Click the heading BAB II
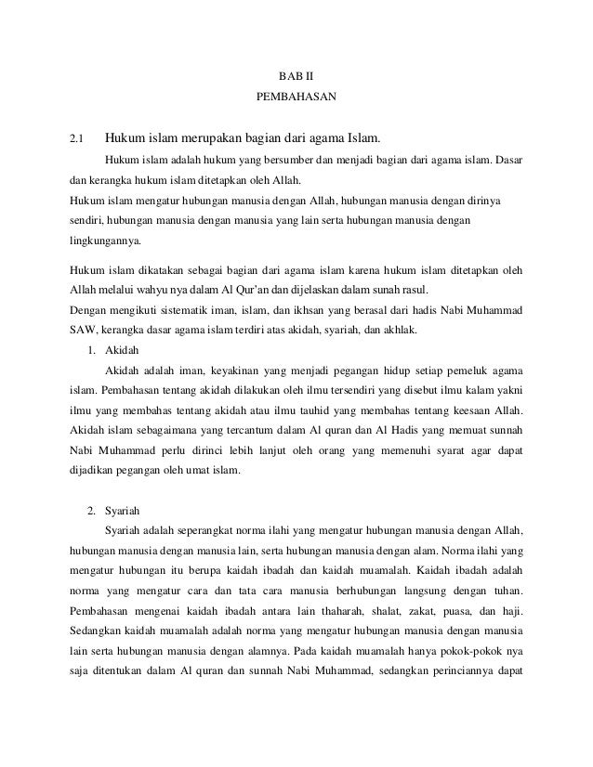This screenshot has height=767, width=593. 296,75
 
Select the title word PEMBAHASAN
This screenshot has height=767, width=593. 296,96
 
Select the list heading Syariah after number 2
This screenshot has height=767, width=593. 121,509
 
